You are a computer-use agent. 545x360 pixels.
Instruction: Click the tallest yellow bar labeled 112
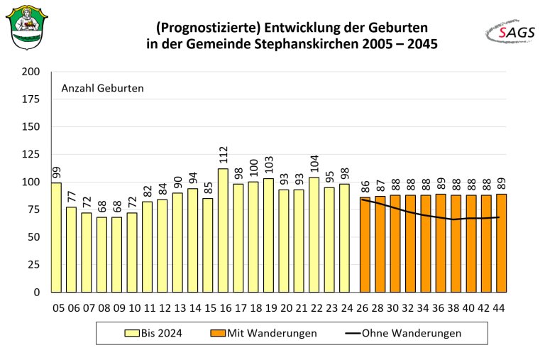[224, 230]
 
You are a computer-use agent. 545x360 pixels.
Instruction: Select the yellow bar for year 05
[56, 237]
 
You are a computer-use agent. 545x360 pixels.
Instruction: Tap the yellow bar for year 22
[314, 234]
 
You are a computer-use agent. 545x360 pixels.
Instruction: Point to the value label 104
[314, 163]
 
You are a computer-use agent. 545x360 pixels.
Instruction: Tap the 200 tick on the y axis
[31, 72]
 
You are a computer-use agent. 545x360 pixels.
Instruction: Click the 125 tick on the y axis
[31, 155]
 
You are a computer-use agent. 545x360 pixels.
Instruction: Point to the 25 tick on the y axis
[33, 265]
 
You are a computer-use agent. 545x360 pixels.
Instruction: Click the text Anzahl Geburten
[102, 89]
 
